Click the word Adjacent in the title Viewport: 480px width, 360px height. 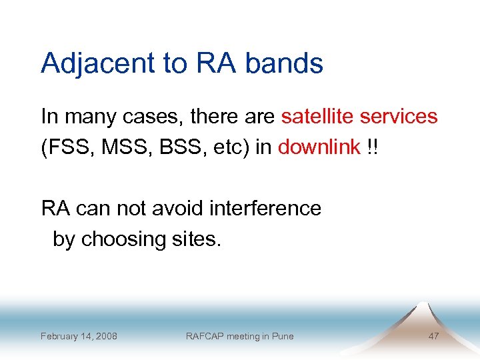[x=97, y=63]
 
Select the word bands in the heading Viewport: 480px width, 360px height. [x=285, y=63]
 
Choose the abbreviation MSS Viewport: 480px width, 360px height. [x=117, y=147]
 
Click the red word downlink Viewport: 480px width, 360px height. [x=319, y=147]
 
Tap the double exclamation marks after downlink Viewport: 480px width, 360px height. [x=371, y=147]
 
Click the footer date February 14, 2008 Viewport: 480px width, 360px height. [x=79, y=336]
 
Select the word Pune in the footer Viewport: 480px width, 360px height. [x=282, y=336]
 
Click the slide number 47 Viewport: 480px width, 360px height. [x=433, y=336]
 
